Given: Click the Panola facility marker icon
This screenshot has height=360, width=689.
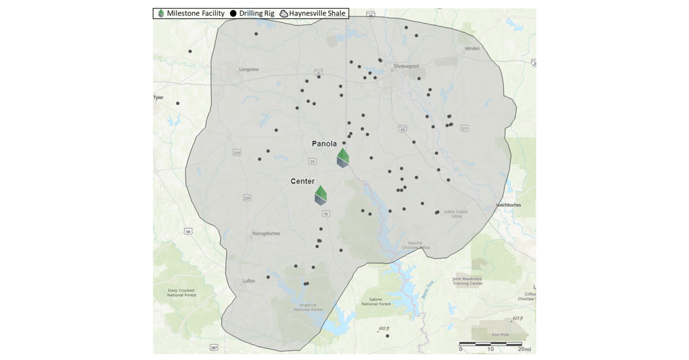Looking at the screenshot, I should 343,158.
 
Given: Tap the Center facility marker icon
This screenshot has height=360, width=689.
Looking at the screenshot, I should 320,195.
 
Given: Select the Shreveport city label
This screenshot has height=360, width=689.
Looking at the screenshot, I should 407,67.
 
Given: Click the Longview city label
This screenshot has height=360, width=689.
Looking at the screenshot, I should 249,69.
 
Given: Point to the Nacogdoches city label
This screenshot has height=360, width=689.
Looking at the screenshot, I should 266,234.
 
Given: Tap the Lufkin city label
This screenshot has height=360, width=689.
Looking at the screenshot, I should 249,281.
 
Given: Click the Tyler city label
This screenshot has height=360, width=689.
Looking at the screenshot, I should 158,98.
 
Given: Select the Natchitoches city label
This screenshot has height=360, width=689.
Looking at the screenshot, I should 508,205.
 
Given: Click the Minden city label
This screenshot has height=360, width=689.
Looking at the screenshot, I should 472,49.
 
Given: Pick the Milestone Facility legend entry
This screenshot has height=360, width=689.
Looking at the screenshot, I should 191,13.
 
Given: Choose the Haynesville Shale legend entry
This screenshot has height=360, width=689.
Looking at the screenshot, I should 312,13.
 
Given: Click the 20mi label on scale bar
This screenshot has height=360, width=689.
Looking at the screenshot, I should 523,349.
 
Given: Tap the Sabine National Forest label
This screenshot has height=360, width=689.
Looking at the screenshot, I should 376,301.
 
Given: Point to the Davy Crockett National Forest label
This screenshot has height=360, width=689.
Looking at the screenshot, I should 182,293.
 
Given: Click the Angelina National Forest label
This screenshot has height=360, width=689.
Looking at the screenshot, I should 308,307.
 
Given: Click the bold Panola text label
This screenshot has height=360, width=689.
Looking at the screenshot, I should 324,144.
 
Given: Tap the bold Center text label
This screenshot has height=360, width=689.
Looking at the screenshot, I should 303,181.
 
